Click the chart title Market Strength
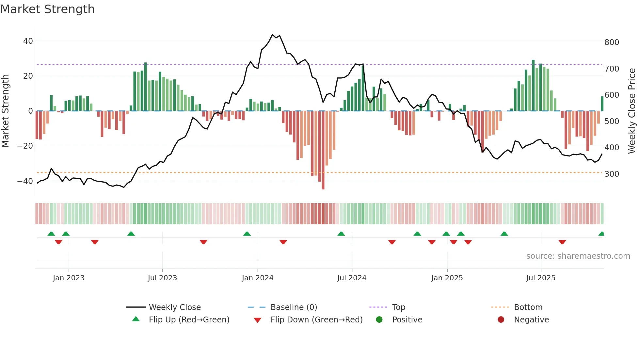pos(47,9)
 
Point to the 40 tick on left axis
pos(28,41)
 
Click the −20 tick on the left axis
pos(25,146)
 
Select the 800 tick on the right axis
pos(612,42)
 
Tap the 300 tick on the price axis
pos(612,174)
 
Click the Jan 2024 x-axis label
pos(258,278)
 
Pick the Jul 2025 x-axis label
pos(541,278)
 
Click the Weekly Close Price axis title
pos(632,111)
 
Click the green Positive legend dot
pos(379,320)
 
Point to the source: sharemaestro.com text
pos(578,256)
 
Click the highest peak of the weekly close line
pos(273,34)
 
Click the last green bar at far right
pos(602,104)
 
